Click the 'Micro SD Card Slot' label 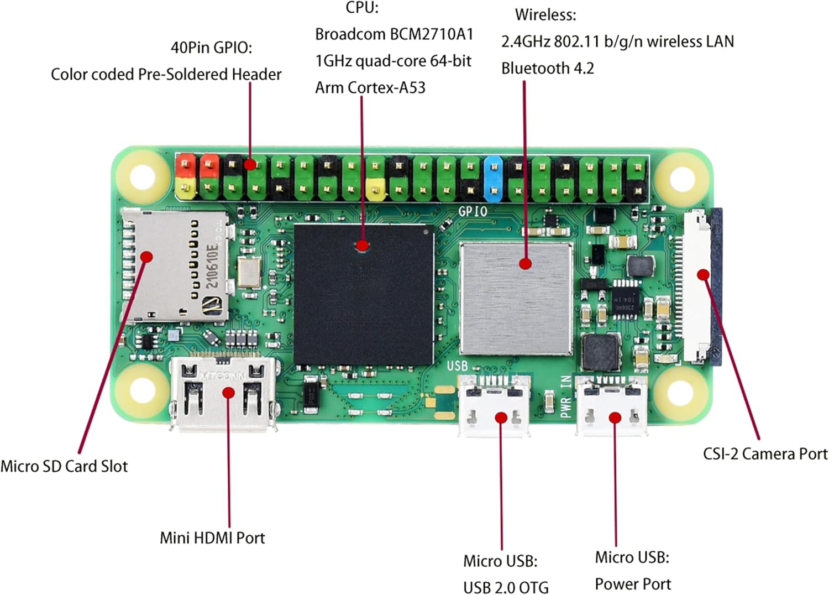[x=64, y=466]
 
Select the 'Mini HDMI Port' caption [x=212, y=537]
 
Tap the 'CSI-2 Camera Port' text [x=765, y=454]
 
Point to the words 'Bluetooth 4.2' [x=547, y=69]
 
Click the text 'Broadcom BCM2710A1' [x=394, y=34]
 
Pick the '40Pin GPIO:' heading [x=211, y=48]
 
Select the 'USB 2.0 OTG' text [x=506, y=587]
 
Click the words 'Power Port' [x=633, y=584]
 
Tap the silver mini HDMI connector [x=224, y=394]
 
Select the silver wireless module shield [x=516, y=299]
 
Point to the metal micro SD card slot [x=174, y=266]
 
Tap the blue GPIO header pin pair [x=493, y=178]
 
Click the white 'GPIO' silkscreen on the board [x=473, y=211]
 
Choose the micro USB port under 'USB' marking [x=494, y=406]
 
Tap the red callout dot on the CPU [x=362, y=246]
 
